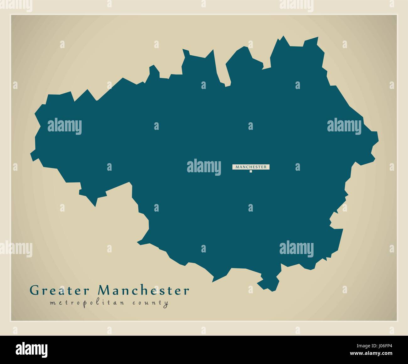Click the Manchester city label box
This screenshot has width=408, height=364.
251,167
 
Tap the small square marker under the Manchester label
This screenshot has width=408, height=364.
251,171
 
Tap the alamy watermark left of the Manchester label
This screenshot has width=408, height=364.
204,166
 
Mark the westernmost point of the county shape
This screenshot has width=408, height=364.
31,153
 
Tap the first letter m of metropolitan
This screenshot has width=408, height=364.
52,303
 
